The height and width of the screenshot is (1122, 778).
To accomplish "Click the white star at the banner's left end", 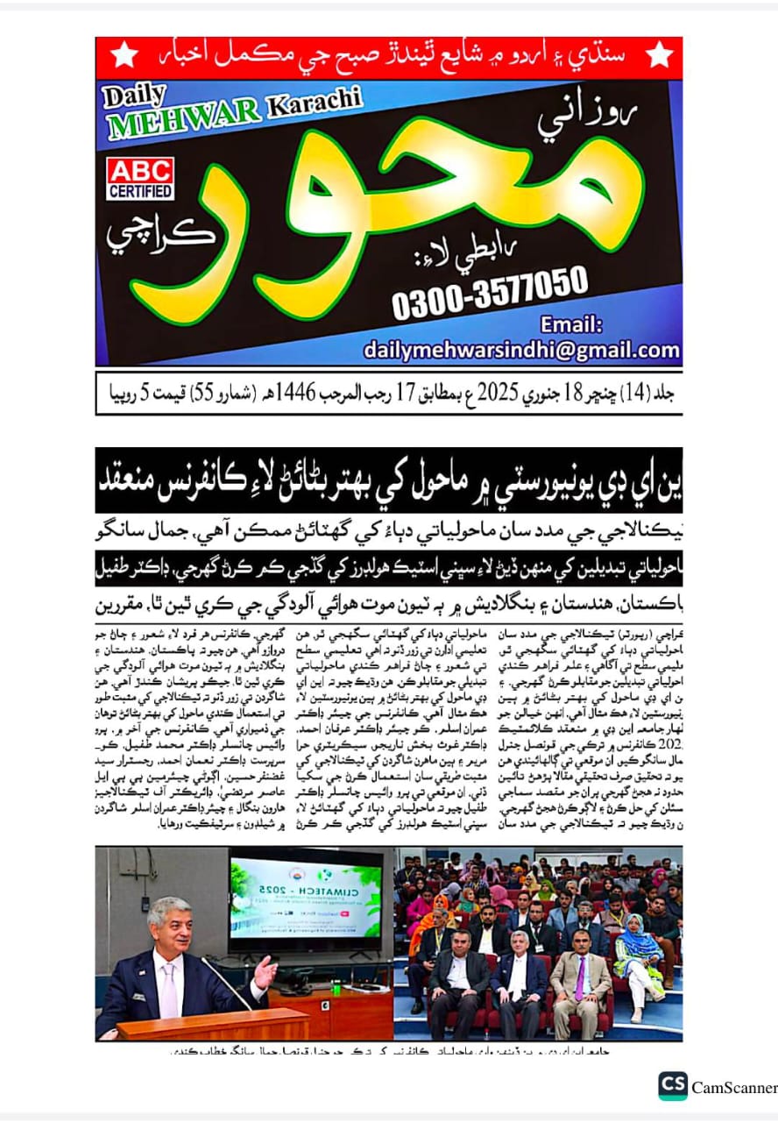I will (124, 54).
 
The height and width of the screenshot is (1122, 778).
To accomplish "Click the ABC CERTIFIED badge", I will (140, 179).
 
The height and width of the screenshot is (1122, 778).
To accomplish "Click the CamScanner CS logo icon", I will (672, 1086).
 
